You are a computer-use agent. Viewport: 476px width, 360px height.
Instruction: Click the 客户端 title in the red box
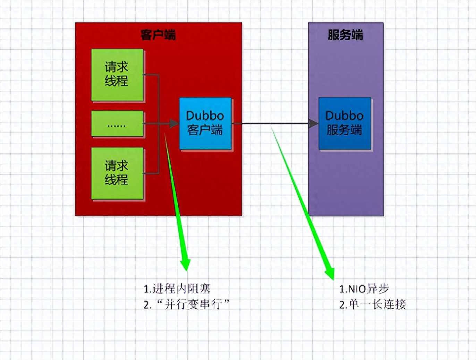[158, 35]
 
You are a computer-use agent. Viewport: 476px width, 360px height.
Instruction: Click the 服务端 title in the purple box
[345, 35]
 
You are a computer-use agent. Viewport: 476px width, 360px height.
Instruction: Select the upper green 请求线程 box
[117, 75]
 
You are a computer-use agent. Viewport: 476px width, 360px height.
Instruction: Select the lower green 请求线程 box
[117, 173]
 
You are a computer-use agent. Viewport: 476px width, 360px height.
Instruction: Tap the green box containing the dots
[117, 123]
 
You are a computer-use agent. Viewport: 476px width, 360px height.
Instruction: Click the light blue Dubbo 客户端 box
[205, 123]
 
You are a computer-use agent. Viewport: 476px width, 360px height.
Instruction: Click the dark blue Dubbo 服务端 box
[345, 123]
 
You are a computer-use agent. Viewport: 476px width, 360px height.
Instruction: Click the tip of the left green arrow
[187, 271]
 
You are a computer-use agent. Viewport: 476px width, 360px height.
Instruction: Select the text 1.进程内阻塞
[177, 289]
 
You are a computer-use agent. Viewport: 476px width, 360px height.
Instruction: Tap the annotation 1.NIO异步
[364, 289]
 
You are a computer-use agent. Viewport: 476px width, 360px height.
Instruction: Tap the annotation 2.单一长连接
[373, 305]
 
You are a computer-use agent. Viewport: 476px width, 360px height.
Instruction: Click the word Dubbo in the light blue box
[205, 116]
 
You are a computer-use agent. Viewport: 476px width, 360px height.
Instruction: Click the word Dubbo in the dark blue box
[345, 116]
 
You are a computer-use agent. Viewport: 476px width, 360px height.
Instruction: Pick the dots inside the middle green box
[117, 126]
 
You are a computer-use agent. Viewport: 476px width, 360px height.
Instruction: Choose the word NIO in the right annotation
[357, 289]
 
